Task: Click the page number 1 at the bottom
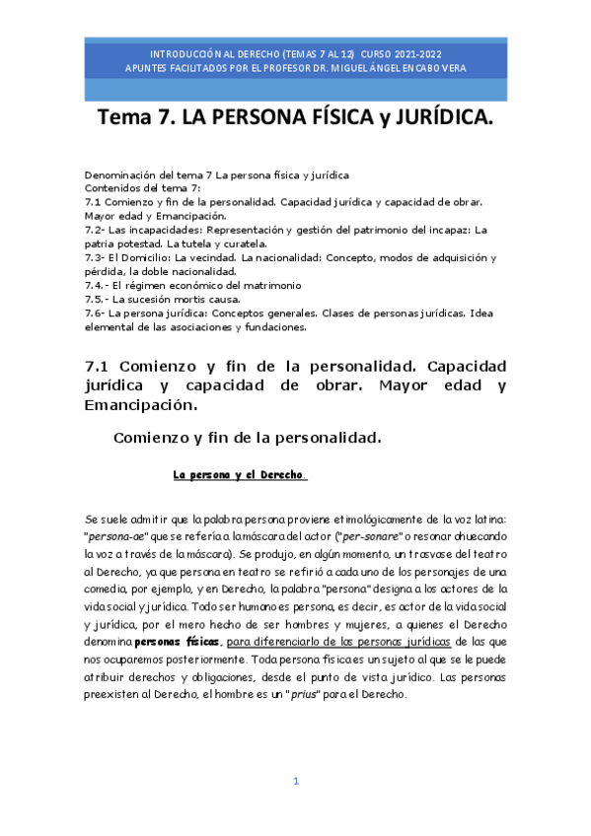pyautogui.click(x=295, y=782)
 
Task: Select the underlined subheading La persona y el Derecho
pyautogui.click(x=241, y=474)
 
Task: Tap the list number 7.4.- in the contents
pyautogui.click(x=98, y=285)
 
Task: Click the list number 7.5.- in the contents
pyautogui.click(x=98, y=299)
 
